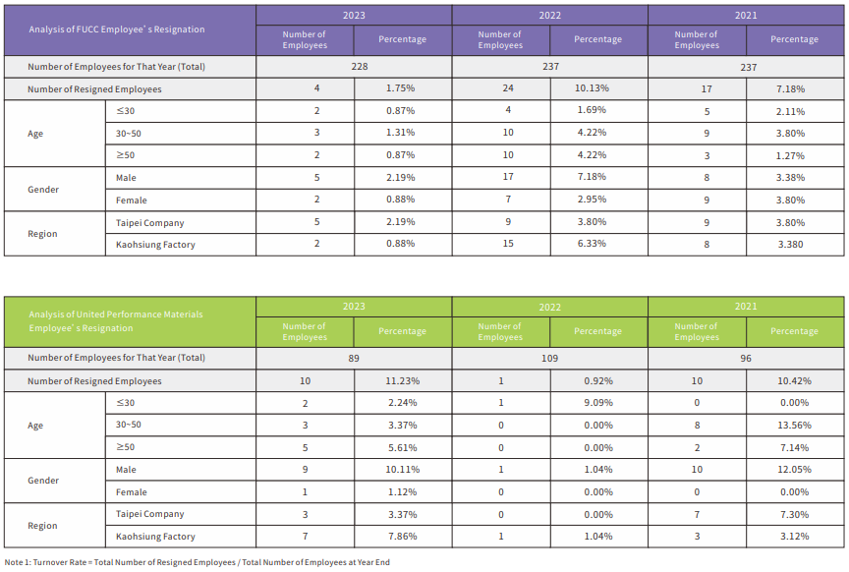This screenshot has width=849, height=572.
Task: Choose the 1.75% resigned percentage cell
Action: coord(401,88)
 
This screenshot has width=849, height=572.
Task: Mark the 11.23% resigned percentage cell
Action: coord(401,380)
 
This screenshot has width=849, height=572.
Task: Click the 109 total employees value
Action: coord(549,359)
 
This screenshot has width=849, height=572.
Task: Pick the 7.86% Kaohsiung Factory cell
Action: coord(401,537)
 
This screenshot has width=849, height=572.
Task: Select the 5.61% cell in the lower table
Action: coord(401,447)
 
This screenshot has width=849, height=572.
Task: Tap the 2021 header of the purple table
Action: coord(746,16)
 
